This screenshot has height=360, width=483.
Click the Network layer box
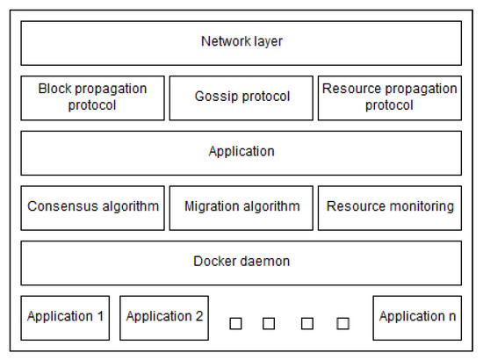[241, 42]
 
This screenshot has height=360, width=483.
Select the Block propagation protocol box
[92, 97]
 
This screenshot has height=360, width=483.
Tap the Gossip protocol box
[241, 97]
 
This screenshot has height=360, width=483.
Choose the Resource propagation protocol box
[389, 97]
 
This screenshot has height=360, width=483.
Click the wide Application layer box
[241, 152]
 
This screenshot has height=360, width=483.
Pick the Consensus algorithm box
[92, 207]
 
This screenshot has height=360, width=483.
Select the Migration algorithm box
[241, 207]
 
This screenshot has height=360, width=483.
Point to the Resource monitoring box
[389, 207]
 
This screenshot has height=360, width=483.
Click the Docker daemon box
[241, 262]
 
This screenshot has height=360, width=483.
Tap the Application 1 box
[65, 317]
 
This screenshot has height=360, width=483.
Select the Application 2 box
[164, 317]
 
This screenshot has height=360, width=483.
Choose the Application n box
[417, 317]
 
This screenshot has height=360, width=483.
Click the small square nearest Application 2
[235, 323]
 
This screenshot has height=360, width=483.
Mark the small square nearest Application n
[342, 323]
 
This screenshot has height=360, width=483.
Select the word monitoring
[421, 207]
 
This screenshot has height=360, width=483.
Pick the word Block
[54, 89]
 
